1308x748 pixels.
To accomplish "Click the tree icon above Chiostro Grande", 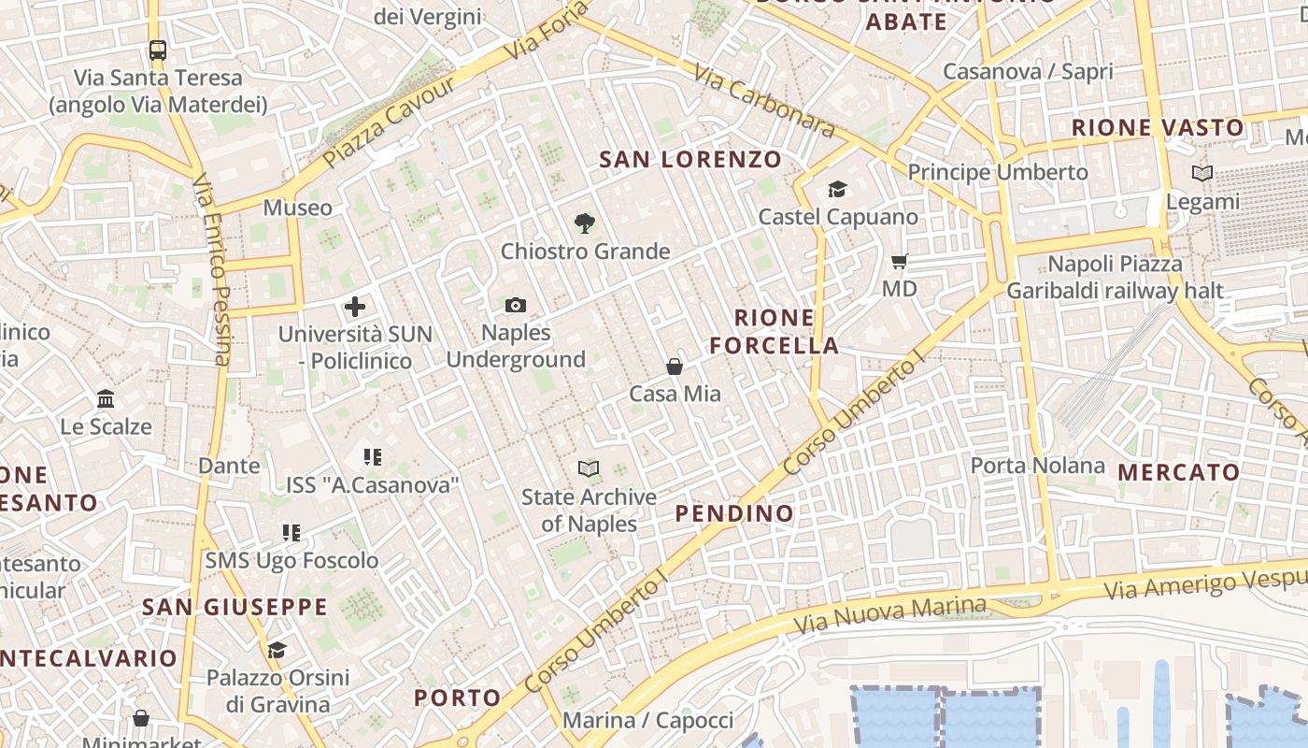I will [585, 223].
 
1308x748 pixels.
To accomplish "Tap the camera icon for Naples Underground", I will [515, 305].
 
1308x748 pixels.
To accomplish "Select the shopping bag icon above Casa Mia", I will [675, 367].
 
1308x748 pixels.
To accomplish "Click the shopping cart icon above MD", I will [900, 262].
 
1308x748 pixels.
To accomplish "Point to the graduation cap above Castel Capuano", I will [837, 190].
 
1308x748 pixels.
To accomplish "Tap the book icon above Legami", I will [1202, 174].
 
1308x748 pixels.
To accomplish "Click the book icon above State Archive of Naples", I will [589, 468].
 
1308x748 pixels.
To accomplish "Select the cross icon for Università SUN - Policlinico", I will [355, 306].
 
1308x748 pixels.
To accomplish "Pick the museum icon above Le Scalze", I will [106, 399].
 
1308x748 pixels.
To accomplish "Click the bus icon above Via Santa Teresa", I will [157, 50].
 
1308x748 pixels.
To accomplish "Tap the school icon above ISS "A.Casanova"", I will [373, 457].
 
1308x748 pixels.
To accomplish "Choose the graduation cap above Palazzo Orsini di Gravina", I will [277, 650].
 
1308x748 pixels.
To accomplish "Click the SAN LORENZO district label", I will [690, 160].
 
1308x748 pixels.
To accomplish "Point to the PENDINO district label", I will [734, 513].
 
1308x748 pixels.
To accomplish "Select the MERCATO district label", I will [1178, 473].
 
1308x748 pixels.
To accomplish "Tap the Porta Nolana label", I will [1037, 466].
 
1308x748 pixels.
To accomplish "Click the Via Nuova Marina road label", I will [889, 612].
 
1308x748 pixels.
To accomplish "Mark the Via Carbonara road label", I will [764, 101].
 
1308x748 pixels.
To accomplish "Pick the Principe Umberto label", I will [998, 173].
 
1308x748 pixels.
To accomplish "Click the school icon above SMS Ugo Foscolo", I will [291, 533].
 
